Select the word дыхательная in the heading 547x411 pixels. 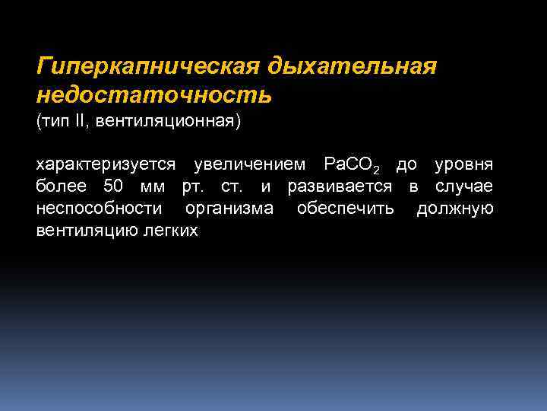click(x=351, y=68)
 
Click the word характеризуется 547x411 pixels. click(x=106, y=165)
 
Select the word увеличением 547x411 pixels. click(x=251, y=165)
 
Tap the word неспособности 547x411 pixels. click(x=99, y=209)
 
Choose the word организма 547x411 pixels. click(x=229, y=209)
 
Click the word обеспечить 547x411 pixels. click(x=346, y=209)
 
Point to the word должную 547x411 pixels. click(x=455, y=209)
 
